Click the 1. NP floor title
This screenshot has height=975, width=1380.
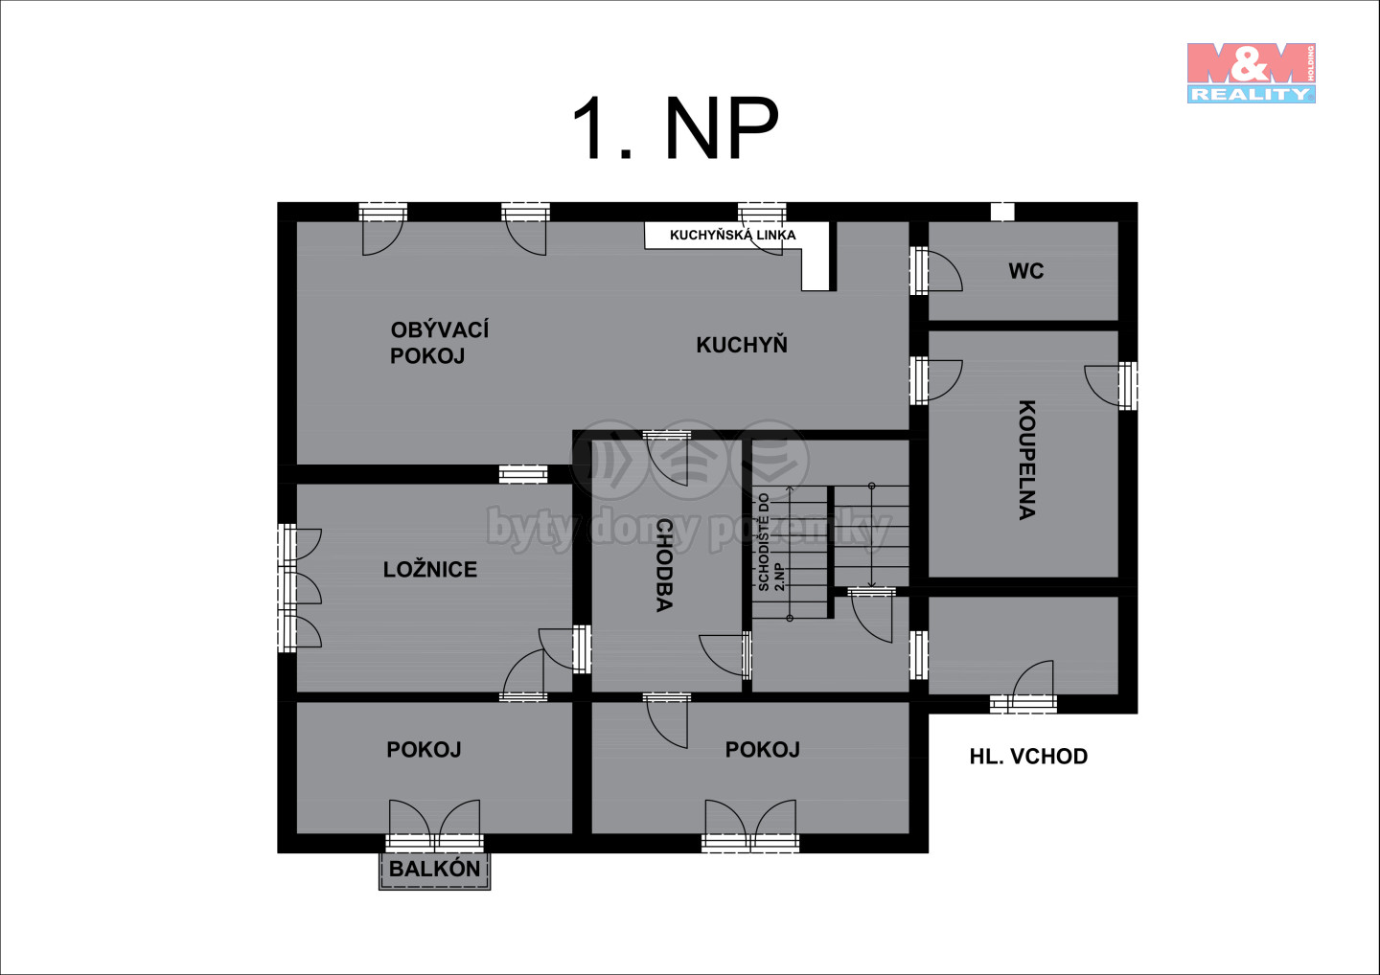click(x=676, y=128)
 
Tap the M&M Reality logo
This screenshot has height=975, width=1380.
click(x=1252, y=73)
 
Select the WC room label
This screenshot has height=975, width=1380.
click(x=1025, y=271)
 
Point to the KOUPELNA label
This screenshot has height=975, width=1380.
click(x=1026, y=460)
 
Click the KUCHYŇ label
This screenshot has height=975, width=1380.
click(x=742, y=344)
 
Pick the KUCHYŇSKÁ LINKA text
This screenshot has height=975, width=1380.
click(x=732, y=235)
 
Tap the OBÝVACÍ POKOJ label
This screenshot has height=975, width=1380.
click(x=439, y=343)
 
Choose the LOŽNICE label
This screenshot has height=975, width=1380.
click(x=430, y=569)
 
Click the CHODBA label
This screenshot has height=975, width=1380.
click(x=663, y=566)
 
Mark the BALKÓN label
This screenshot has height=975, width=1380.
click(x=434, y=869)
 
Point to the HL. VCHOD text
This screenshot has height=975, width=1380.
click(x=1028, y=756)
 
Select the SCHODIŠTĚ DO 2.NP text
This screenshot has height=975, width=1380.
click(x=771, y=542)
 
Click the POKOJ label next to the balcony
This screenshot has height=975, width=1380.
click(x=424, y=749)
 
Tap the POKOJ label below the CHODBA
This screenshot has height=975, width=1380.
click(x=762, y=749)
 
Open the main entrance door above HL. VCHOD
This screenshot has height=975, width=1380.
click(x=1023, y=688)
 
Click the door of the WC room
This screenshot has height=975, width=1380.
click(x=934, y=271)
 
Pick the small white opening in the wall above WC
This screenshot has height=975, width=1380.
click(x=1002, y=211)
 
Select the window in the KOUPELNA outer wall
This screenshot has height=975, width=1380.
click(x=1128, y=385)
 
